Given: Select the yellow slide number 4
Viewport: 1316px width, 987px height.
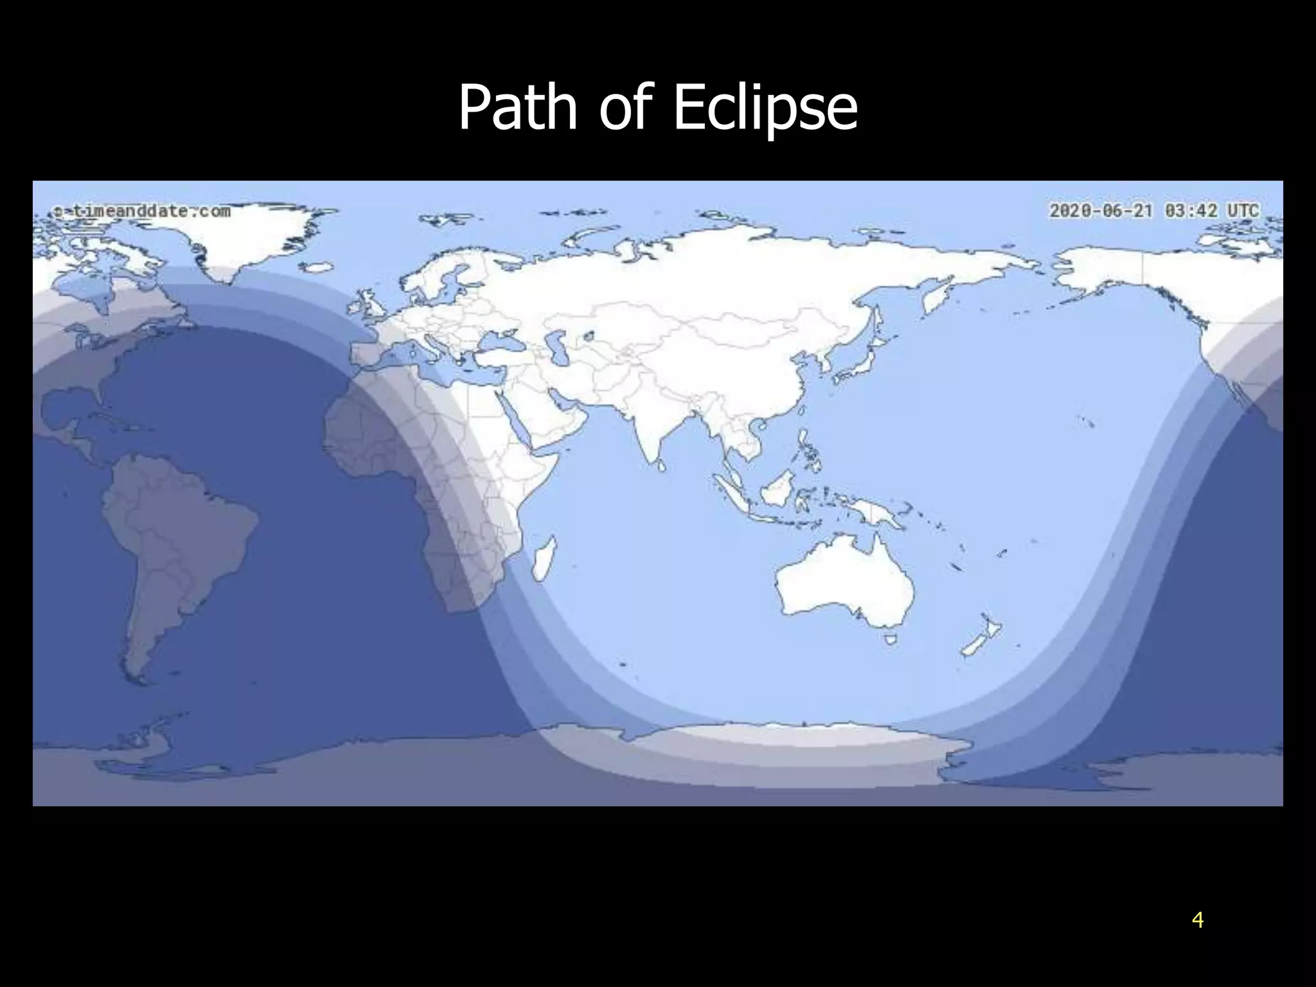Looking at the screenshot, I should [1197, 920].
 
